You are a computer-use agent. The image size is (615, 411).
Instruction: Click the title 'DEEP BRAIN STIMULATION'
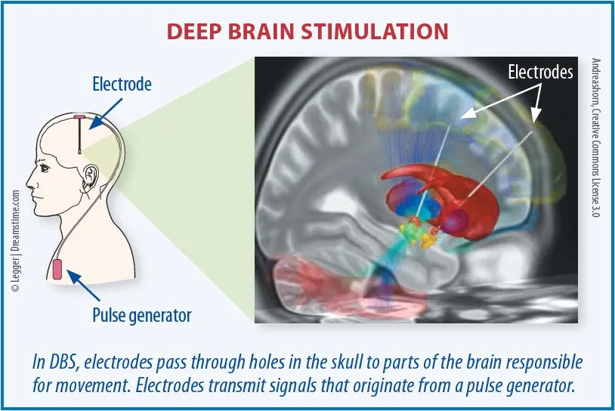307,31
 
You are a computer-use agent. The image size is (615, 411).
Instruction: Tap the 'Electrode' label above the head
122,85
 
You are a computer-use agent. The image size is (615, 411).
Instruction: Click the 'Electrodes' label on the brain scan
540,73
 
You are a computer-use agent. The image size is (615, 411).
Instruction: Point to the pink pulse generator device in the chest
57,270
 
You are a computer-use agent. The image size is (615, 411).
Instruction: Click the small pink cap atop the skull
80,116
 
